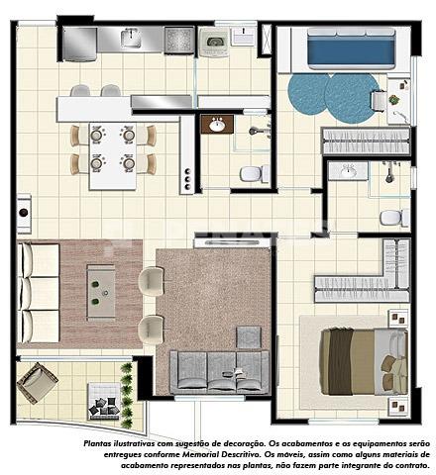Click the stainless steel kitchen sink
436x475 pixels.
pos(132,38)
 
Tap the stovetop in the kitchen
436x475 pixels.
pos(179,40)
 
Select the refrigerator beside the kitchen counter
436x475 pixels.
pos(79,44)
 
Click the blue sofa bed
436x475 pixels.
pos(351,48)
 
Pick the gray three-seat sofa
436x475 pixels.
pos(219,373)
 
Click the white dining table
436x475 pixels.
pos(113,156)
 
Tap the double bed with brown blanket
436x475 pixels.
pos(364,361)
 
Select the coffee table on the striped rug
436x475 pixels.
pos(101,292)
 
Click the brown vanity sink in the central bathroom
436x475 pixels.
pos(217,124)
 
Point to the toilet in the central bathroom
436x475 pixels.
pos(255,173)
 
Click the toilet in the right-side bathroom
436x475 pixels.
pos(394,218)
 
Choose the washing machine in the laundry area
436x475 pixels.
pos(214,43)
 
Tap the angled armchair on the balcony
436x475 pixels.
pos(38,383)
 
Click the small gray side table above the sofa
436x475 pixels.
pos(249,337)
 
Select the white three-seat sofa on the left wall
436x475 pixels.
pos(39,293)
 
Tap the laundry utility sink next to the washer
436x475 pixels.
pos(244,36)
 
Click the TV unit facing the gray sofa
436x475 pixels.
pos(233,242)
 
